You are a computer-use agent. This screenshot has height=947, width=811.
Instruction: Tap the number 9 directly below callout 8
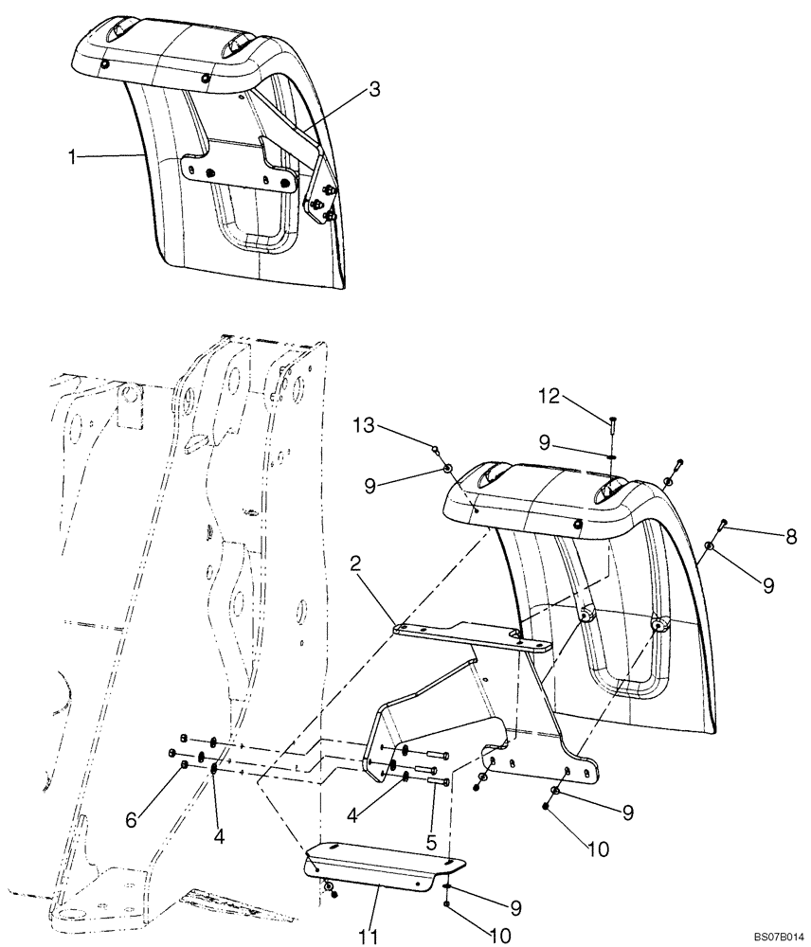coord(768,586)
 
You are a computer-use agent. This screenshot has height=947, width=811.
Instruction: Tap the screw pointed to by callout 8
coord(722,523)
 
